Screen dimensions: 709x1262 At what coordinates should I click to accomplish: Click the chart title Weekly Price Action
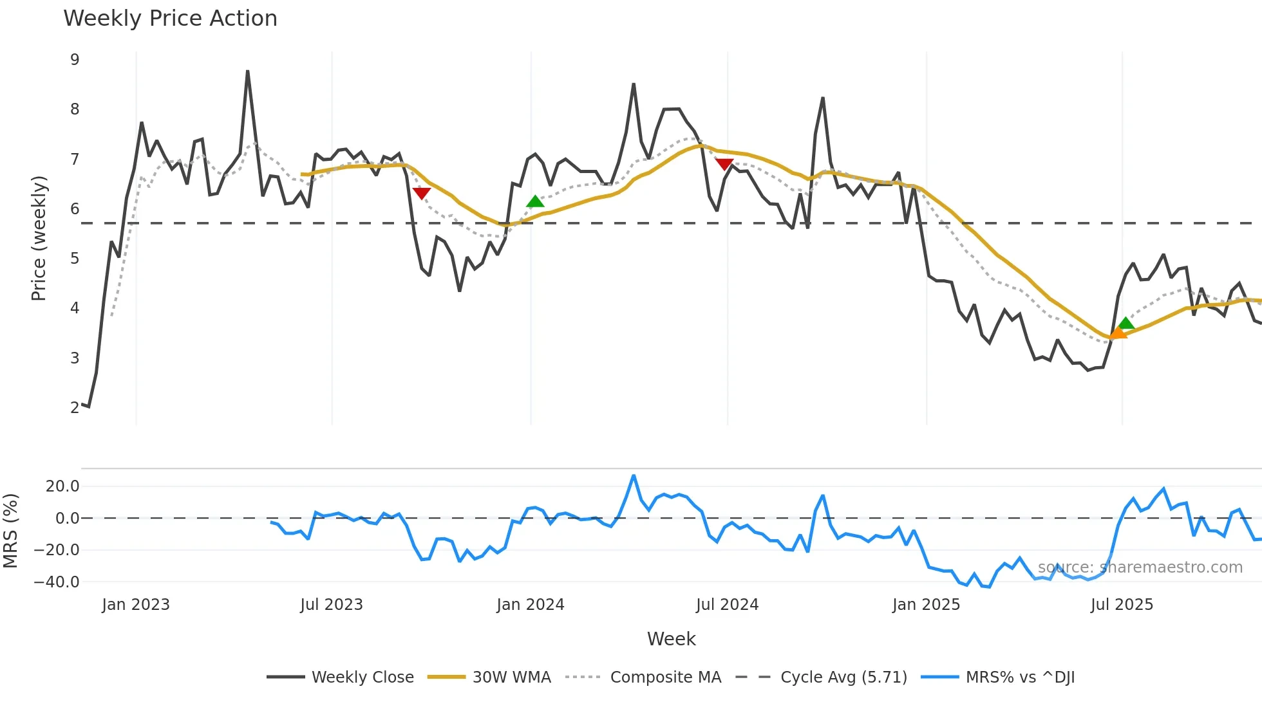(x=170, y=19)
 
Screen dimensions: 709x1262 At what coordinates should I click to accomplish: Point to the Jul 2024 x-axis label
(x=727, y=605)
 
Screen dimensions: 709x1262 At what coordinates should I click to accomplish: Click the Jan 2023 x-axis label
(x=136, y=605)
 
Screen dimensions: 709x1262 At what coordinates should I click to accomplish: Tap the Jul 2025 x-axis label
(x=1122, y=605)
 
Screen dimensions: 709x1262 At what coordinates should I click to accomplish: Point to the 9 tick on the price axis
(x=75, y=60)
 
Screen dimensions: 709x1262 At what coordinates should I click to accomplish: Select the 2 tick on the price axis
(x=75, y=407)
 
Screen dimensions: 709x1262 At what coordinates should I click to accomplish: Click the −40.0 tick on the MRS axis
(x=57, y=582)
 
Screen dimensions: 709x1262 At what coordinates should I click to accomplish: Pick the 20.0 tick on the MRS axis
(x=62, y=486)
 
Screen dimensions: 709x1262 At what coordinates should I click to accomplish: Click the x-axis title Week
(x=671, y=639)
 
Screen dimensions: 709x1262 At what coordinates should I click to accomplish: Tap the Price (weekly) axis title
(x=39, y=238)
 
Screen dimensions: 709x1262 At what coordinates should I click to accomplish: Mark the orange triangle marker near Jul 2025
(x=1118, y=332)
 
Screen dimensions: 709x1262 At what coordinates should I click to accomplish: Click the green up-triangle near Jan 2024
(x=535, y=201)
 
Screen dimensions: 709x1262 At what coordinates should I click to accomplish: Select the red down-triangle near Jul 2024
(x=724, y=165)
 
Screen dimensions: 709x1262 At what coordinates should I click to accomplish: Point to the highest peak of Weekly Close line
(x=248, y=71)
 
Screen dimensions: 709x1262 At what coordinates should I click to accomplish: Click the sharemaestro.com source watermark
(x=1140, y=567)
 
